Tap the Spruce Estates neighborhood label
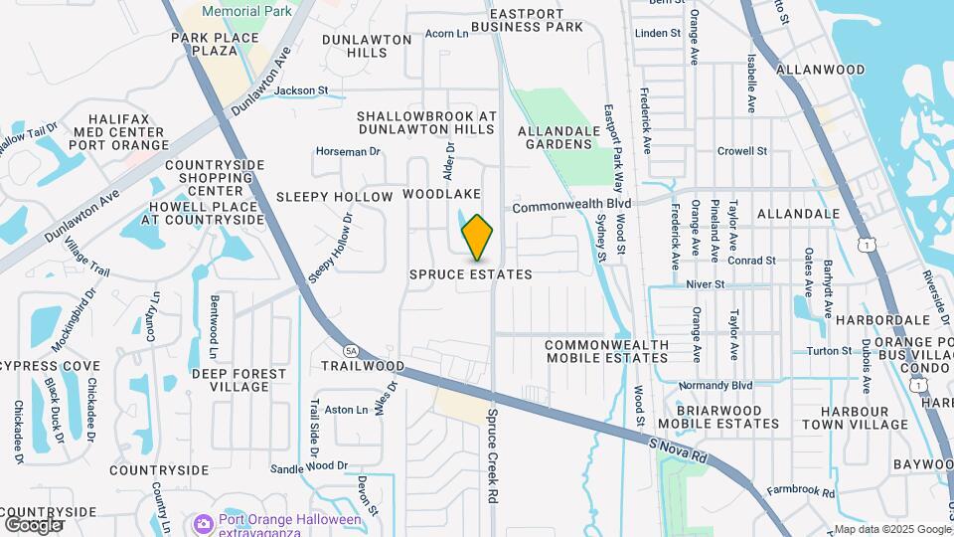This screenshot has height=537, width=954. pos(471,273)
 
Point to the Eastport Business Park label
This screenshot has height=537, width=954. pos(536,20)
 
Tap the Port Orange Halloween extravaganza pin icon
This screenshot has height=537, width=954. pos(204,523)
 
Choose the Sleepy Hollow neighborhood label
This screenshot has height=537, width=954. pos(335,197)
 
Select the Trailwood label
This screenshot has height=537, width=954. pos(363,366)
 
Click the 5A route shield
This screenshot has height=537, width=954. pos(351,351)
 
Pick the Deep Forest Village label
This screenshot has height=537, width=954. pos(238,380)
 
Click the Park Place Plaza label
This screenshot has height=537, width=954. pos(215,45)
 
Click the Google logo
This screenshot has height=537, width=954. pos(33,524)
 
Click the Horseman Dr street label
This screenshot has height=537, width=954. pos(348,151)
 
